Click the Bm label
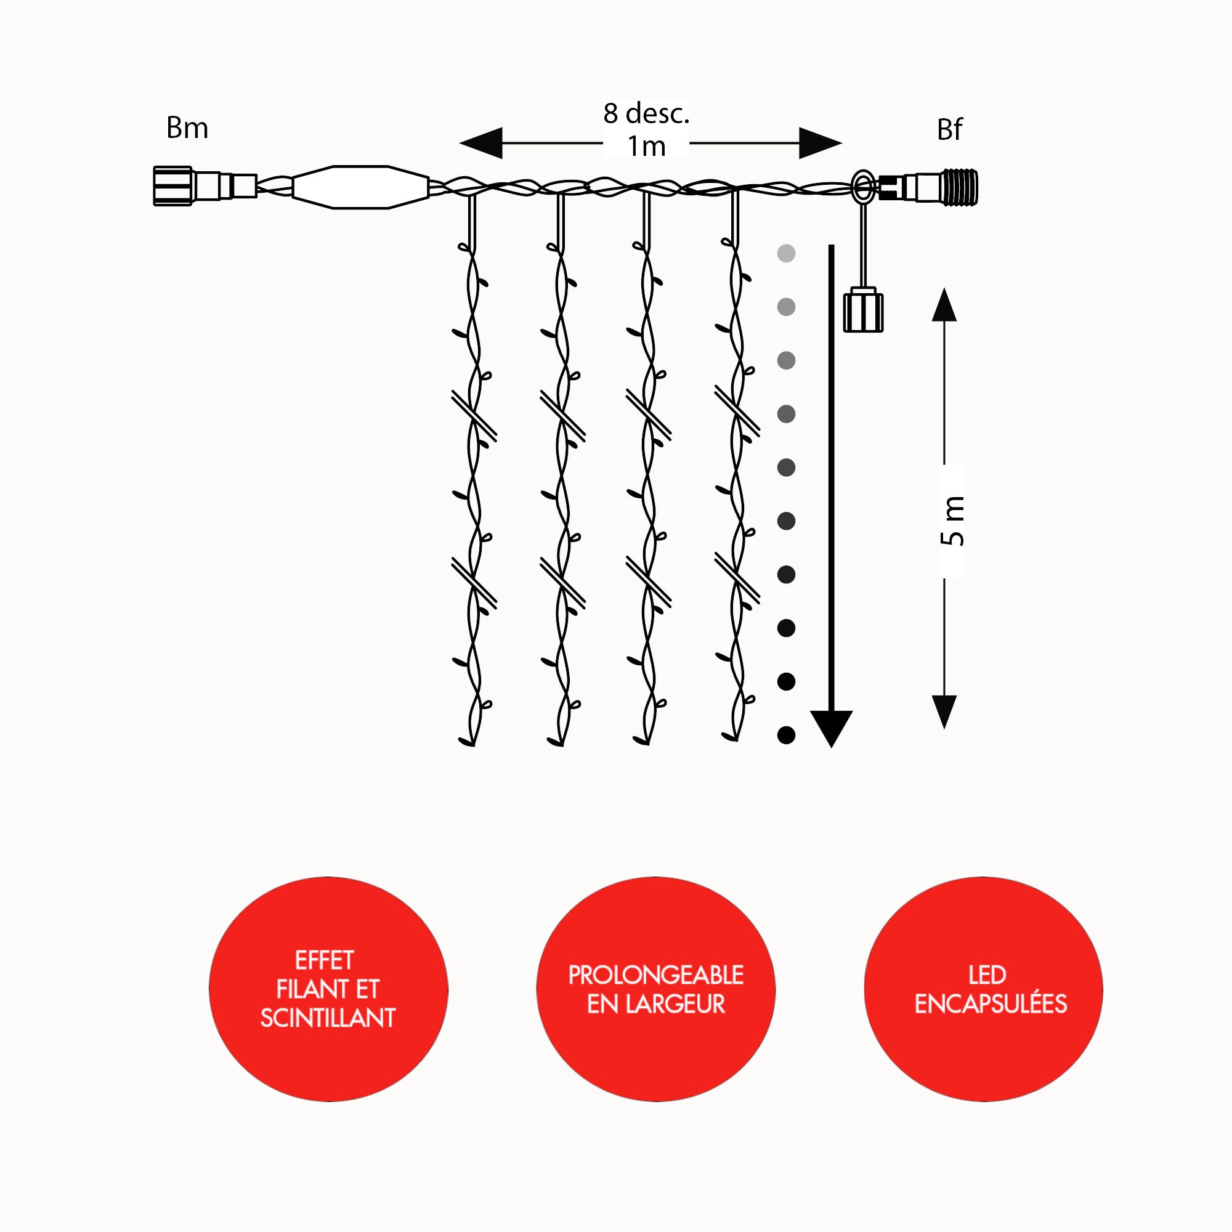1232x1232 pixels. pyautogui.click(x=187, y=128)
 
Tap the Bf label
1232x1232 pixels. pyautogui.click(x=949, y=130)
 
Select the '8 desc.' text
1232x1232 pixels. pyautogui.click(x=646, y=113)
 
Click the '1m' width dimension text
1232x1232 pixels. pyautogui.click(x=646, y=147)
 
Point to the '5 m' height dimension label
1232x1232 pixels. pyautogui.click(x=952, y=521)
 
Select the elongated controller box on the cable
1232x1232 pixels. pyautogui.click(x=360, y=187)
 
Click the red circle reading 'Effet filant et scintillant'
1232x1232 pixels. pyautogui.click(x=328, y=989)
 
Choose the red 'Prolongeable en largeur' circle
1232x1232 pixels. pyautogui.click(x=655, y=989)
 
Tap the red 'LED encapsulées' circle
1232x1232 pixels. pyautogui.click(x=983, y=989)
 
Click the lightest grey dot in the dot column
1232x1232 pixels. pyautogui.click(x=786, y=253)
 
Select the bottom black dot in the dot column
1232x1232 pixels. pyautogui.click(x=786, y=736)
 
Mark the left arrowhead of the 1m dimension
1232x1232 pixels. pyautogui.click(x=482, y=143)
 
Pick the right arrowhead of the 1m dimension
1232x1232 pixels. pyautogui.click(x=820, y=143)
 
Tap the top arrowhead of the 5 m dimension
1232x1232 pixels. pyautogui.click(x=944, y=306)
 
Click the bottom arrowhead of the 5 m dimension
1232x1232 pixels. pyautogui.click(x=944, y=710)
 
